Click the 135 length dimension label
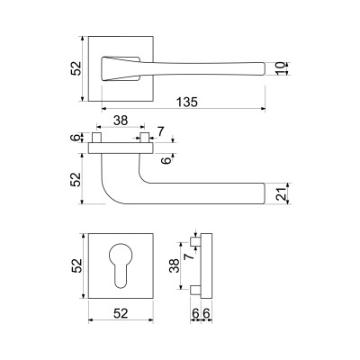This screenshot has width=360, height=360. [x=187, y=102]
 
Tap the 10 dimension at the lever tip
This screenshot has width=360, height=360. [x=280, y=68]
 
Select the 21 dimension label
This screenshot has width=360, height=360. [x=280, y=193]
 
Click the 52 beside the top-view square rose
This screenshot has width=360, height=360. [x=76, y=68]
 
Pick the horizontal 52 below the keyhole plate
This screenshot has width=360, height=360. [x=121, y=313]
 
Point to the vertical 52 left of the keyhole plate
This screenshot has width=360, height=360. [x=76, y=265]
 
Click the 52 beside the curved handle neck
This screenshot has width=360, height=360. [x=76, y=179]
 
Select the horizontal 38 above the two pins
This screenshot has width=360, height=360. [x=121, y=121]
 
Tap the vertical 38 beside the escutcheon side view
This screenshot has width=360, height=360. [x=175, y=265]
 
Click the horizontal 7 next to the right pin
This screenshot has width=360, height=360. [x=160, y=131]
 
